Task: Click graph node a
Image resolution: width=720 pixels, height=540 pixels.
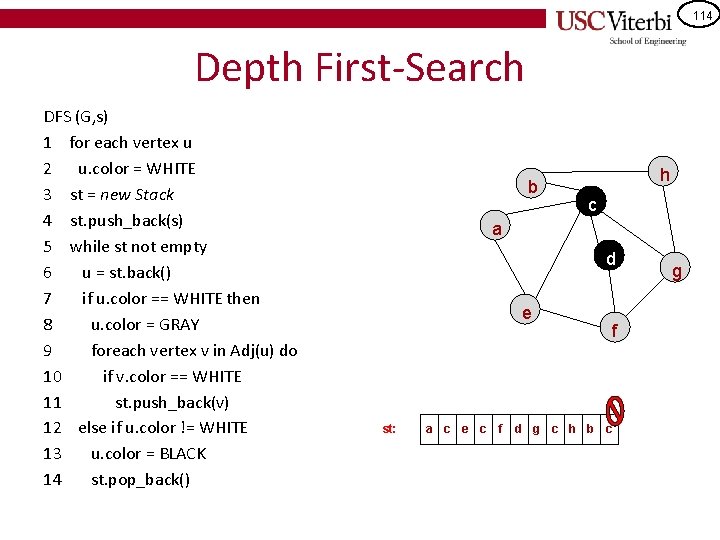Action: (496, 229)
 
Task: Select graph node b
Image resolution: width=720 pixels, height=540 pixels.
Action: (533, 186)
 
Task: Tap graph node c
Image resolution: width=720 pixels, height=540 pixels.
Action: (592, 206)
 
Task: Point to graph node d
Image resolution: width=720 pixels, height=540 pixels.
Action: (609, 259)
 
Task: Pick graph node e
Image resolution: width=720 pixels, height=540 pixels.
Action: (526, 313)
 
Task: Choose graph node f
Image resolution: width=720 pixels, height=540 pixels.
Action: (615, 328)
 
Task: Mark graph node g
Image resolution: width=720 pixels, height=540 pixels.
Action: (677, 271)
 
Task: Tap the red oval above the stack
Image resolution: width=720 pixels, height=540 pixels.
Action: (616, 406)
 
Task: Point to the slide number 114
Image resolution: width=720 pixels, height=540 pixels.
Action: (701, 15)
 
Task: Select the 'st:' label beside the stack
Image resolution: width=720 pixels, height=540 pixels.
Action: (389, 429)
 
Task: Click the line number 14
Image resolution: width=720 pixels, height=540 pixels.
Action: (53, 480)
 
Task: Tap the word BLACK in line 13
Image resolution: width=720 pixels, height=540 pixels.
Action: (181, 454)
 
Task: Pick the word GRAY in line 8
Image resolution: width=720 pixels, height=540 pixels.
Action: (177, 324)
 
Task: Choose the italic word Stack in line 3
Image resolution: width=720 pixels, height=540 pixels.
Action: (153, 194)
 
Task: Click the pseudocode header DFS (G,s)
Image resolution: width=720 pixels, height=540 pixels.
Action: (76, 116)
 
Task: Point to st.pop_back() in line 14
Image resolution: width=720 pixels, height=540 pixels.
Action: (140, 480)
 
